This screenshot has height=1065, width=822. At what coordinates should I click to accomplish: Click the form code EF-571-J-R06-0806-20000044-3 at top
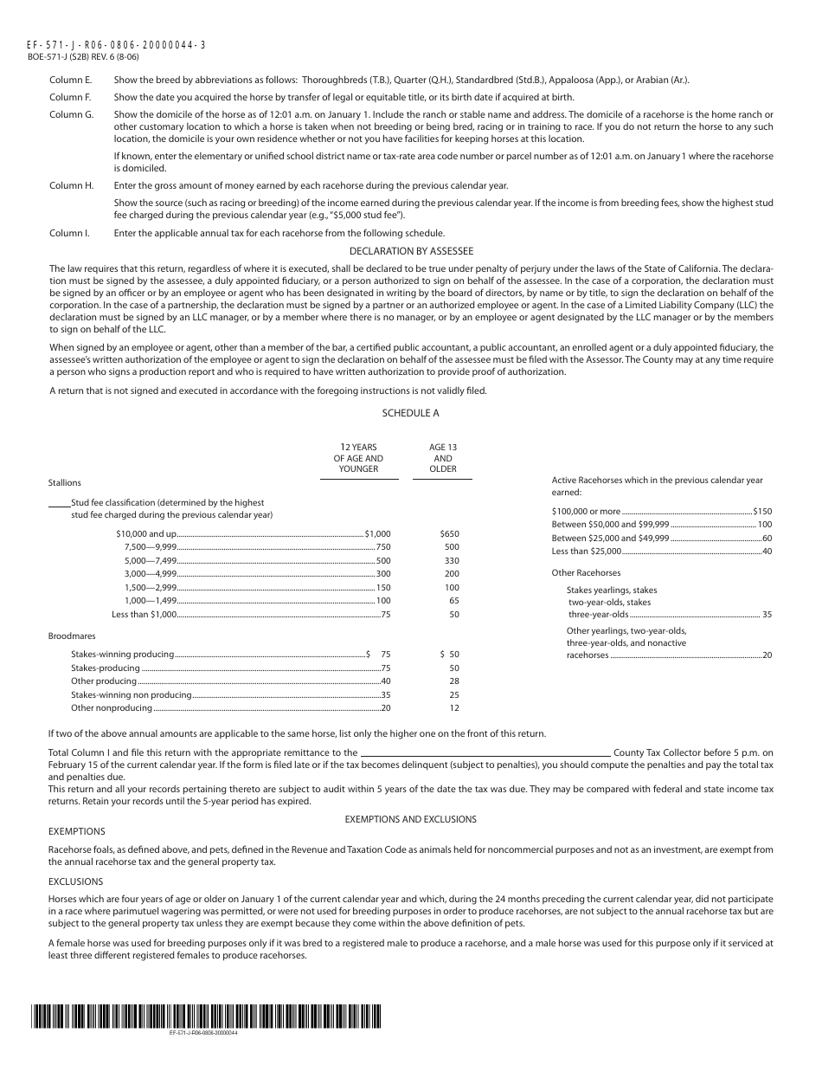(x=117, y=44)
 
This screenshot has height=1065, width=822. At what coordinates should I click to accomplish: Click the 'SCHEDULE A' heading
(x=410, y=414)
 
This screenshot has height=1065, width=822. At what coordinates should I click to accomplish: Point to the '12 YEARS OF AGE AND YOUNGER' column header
(x=358, y=458)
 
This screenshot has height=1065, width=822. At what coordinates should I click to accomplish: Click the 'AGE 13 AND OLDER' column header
(x=442, y=458)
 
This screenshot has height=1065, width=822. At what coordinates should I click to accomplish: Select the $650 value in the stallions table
(x=449, y=534)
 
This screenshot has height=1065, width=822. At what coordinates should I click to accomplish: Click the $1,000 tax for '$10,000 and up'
(x=377, y=534)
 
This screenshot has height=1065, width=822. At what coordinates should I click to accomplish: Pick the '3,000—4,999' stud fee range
(x=151, y=574)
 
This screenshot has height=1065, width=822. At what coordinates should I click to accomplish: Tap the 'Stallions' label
(x=65, y=482)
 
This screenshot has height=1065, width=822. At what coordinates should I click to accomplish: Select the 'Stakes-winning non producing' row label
(x=132, y=695)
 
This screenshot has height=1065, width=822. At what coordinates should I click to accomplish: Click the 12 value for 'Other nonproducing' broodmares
(x=454, y=708)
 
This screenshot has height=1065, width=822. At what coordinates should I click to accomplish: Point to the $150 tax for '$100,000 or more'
(x=761, y=512)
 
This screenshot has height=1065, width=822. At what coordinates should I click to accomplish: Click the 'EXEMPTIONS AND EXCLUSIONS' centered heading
(x=410, y=819)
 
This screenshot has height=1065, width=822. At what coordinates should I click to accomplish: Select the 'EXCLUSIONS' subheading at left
(x=75, y=881)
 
